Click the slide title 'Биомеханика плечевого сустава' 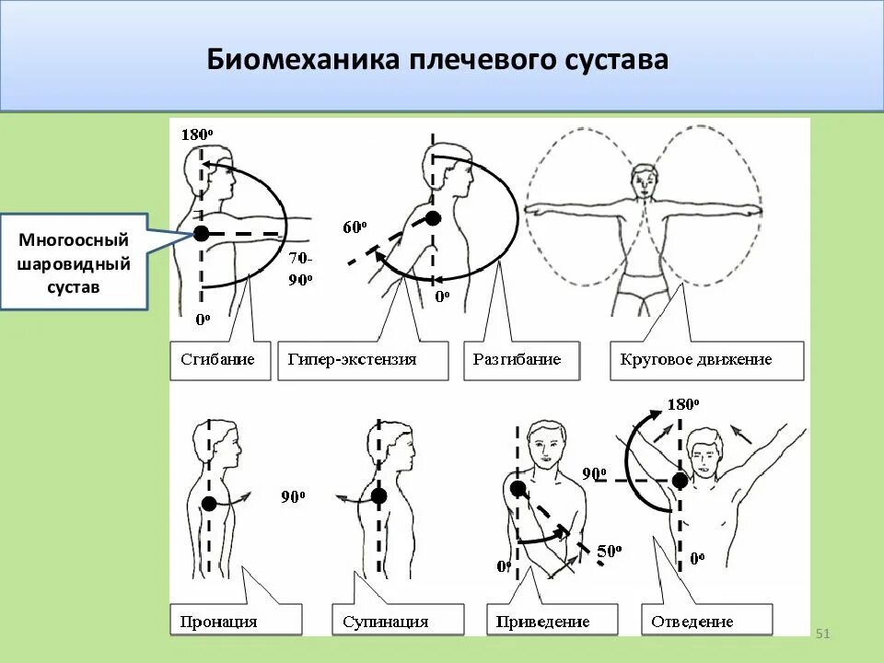pos(437,60)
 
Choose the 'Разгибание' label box pos(521,360)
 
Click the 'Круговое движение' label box pos(706,360)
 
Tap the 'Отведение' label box pos(706,621)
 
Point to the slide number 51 pos(823,634)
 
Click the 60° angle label pos(355,227)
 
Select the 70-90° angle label pos(299,269)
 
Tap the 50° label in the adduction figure pos(610,552)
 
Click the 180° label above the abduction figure pos(683,404)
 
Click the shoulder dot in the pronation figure pos(210,504)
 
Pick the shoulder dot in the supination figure pos(378,495)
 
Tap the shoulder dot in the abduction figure pos(680,480)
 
